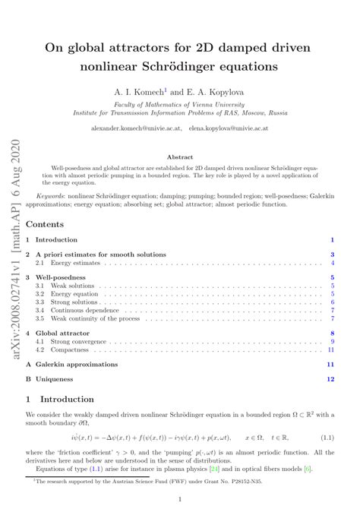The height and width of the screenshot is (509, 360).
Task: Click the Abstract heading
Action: point(179,157)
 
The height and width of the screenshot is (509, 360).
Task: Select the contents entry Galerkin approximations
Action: point(77,364)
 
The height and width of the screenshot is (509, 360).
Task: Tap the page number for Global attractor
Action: point(332,333)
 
